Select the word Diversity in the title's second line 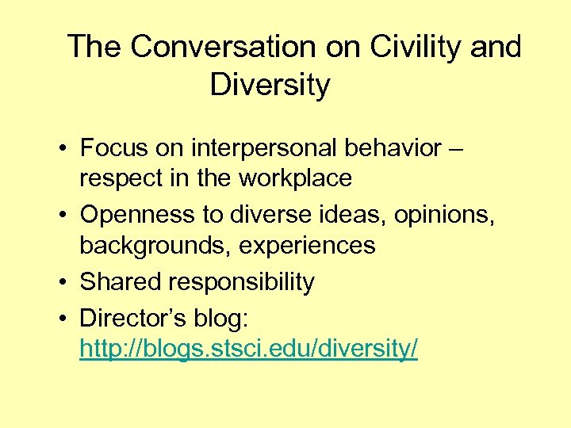click(x=270, y=85)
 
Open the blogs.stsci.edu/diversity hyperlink click(x=248, y=349)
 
